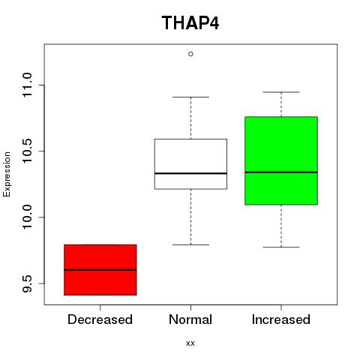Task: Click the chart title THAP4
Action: coord(190,23)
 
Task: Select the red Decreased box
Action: coord(100,270)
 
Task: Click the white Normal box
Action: coord(190,164)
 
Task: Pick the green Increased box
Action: coord(281,160)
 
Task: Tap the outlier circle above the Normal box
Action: coord(190,54)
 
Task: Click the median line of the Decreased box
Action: coord(100,270)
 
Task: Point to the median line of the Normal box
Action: coord(190,173)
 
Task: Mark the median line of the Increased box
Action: coord(281,172)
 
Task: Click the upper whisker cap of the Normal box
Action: coord(190,97)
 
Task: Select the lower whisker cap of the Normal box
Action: coord(190,244)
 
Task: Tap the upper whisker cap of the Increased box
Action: coord(281,92)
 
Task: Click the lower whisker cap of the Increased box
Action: coord(281,247)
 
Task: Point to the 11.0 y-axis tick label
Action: coord(27,85)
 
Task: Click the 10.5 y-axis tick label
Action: coord(27,151)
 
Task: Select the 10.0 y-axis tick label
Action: coord(27,217)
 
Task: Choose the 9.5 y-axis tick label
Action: coord(27,283)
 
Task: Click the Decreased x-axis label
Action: coord(100,319)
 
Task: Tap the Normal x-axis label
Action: coord(190,319)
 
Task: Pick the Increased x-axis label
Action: coord(281,319)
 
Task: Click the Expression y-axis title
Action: coord(7,174)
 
